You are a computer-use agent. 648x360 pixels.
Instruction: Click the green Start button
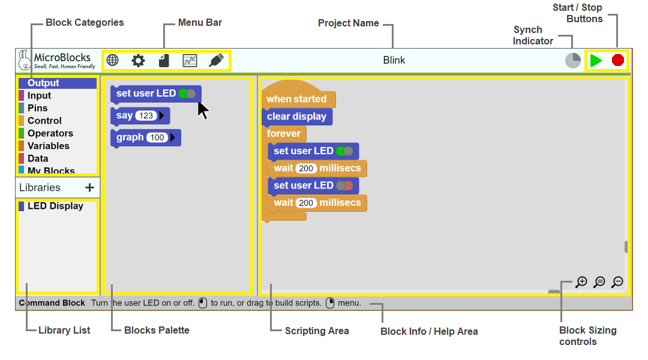point(596,61)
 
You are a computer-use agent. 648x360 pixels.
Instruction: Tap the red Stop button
point(618,61)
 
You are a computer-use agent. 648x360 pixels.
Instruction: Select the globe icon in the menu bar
point(112,61)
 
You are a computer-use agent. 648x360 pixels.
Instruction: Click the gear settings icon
point(138,61)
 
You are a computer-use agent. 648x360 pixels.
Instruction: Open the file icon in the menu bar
point(164,61)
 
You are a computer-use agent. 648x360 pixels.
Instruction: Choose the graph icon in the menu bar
point(190,61)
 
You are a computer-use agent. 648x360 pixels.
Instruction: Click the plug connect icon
point(216,61)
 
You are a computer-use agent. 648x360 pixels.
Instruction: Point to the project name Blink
point(394,61)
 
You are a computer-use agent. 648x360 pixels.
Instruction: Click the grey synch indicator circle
point(573,61)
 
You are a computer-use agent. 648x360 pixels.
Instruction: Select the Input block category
point(39,95)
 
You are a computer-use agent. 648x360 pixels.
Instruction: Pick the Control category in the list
point(44,121)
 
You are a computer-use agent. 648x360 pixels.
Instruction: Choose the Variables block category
point(49,146)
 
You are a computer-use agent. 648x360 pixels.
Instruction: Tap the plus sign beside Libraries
point(89,188)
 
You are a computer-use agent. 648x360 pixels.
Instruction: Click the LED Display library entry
point(55,206)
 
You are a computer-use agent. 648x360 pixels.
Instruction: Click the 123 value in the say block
point(146,116)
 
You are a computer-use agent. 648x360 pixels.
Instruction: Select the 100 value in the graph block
point(157,137)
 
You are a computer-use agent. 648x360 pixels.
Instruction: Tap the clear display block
point(297,116)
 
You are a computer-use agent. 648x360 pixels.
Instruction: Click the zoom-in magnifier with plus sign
point(581,282)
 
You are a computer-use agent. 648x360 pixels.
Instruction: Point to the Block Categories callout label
point(85,22)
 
